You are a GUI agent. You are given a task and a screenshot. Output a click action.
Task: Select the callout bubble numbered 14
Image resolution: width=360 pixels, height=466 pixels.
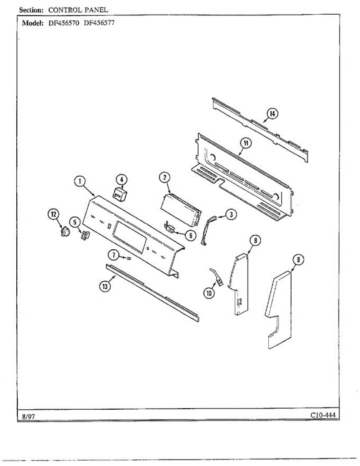[272, 113]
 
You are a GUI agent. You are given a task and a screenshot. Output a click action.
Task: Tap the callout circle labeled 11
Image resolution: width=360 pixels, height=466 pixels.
[245, 143]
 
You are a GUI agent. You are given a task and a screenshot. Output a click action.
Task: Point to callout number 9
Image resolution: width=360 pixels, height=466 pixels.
[297, 260]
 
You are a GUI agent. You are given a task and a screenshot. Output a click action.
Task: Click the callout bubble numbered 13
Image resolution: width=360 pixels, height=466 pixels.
[104, 286]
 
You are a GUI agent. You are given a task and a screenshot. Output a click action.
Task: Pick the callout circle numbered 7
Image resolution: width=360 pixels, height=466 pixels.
[113, 255]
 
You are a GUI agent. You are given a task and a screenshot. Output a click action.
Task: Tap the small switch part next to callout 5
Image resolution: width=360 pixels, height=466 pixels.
[84, 235]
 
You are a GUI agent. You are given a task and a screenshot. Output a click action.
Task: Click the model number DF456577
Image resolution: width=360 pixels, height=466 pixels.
[99, 23]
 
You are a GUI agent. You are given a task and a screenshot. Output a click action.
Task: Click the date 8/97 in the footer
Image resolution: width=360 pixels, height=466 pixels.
[29, 417]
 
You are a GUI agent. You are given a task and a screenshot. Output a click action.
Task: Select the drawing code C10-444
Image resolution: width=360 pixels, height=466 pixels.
[322, 415]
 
